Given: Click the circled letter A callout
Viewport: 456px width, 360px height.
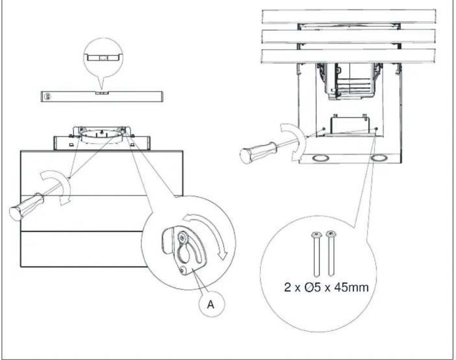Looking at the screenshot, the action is point(212,304).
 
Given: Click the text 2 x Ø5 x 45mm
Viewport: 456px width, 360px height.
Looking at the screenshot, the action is point(326,287).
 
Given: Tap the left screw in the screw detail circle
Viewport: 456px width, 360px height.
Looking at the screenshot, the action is point(317,253).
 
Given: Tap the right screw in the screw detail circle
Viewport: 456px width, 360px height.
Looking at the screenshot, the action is point(331,253).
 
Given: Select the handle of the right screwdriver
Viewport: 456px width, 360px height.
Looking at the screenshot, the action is point(258,152).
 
